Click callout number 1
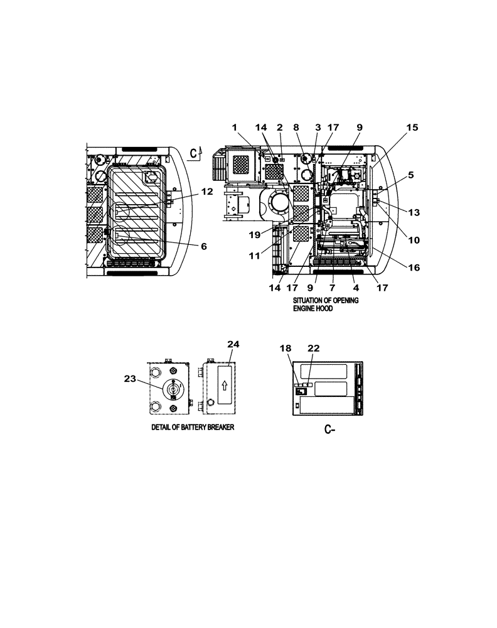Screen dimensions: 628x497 (235, 127)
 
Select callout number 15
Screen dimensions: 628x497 (411, 127)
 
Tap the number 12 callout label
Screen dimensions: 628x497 (207, 192)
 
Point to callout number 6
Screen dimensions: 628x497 (203, 247)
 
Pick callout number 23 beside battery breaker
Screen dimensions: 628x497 (131, 379)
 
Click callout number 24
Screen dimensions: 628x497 (233, 344)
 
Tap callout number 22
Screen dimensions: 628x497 (313, 349)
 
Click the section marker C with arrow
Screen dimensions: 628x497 (197, 153)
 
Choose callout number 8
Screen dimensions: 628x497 (296, 127)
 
